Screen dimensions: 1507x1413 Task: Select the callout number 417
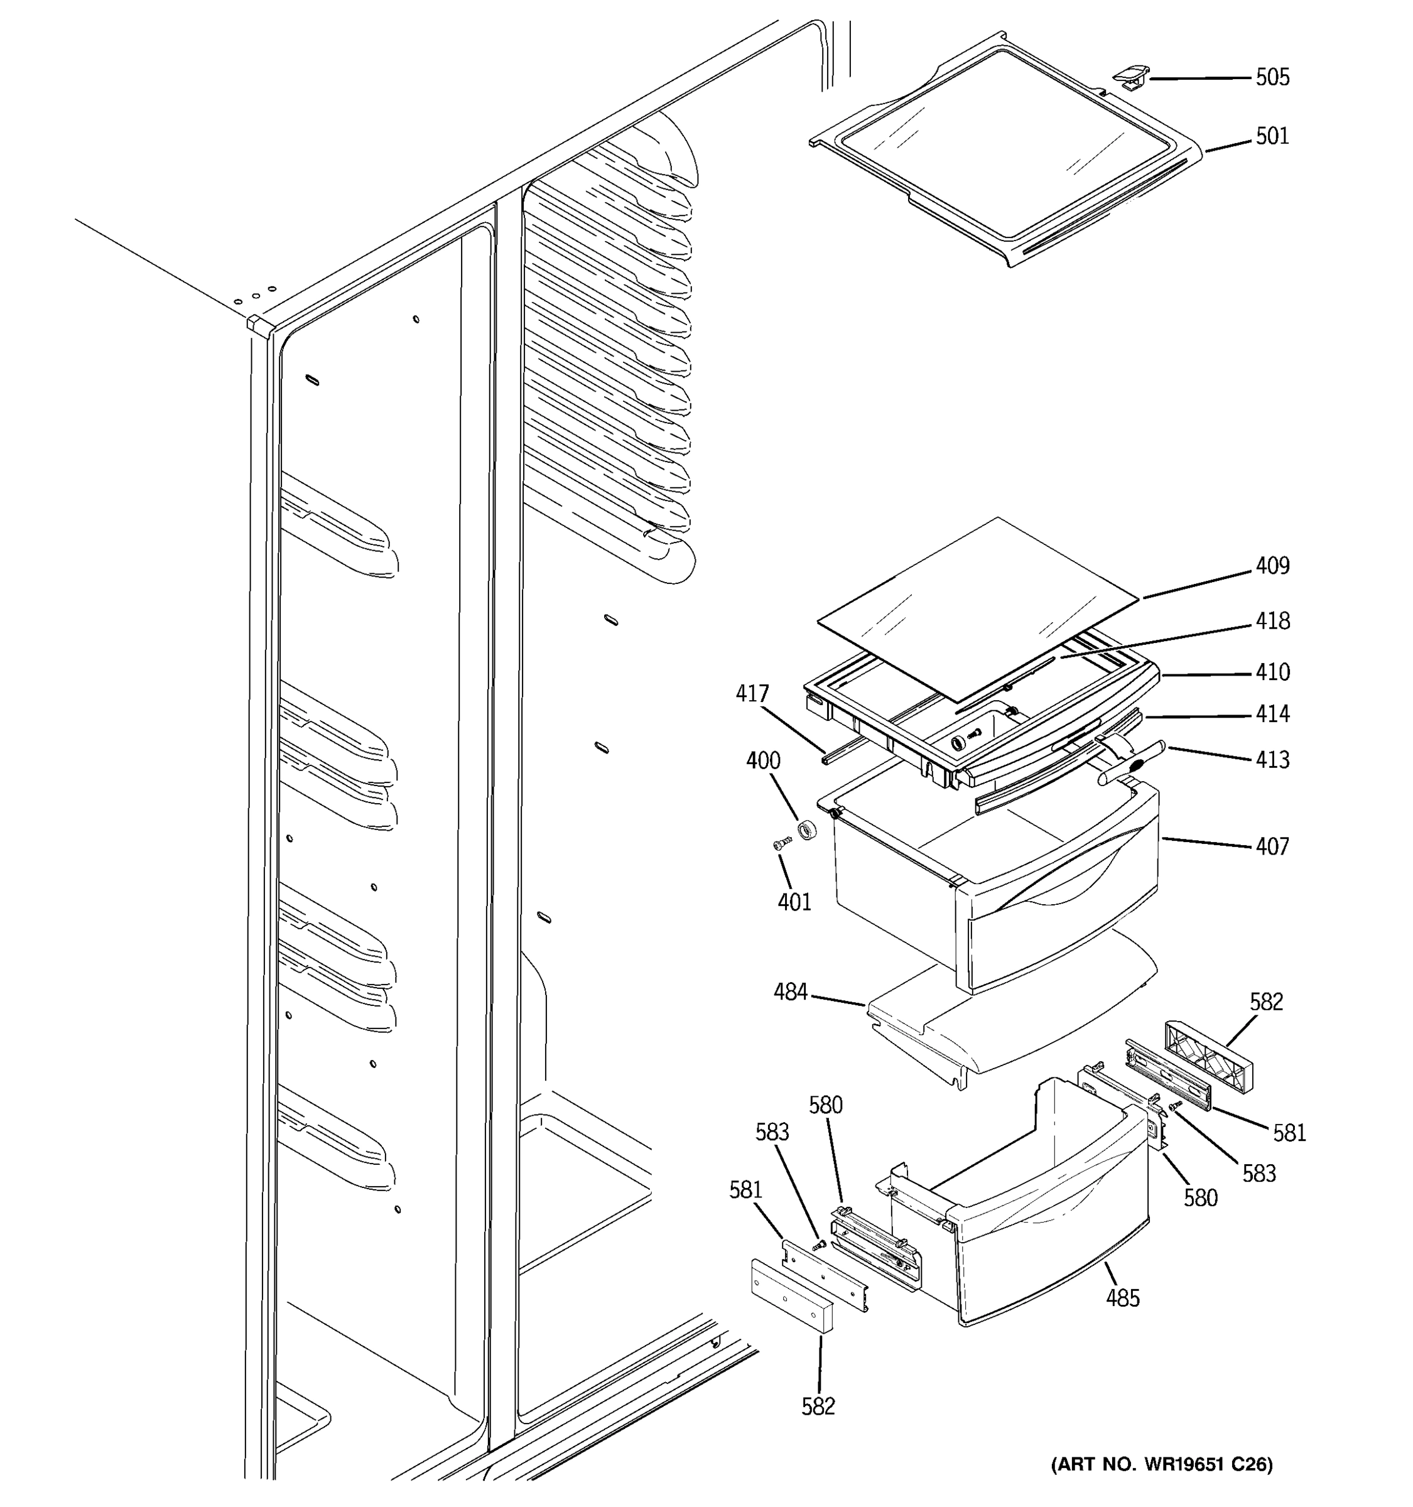[x=752, y=694]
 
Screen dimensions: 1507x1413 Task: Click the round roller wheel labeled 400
[x=808, y=830]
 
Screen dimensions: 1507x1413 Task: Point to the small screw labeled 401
[x=782, y=842]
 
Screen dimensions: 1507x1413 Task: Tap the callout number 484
[x=790, y=991]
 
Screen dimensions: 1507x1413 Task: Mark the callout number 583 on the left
[x=772, y=1132]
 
